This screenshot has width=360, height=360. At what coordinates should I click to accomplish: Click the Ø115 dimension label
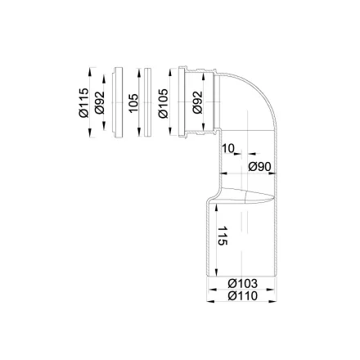pos(83,102)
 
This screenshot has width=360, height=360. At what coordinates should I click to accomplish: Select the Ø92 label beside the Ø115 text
pos(99,102)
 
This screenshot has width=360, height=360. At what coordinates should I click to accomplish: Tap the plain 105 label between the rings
pos(133,103)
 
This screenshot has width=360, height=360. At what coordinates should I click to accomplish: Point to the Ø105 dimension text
pos(163,103)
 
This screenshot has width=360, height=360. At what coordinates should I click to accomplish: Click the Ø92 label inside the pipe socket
pos(197,102)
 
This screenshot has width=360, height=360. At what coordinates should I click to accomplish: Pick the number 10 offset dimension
pos(228,149)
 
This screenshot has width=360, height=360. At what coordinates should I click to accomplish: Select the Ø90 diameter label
pos(259,166)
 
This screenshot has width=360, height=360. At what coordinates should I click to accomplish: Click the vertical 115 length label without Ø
pos(223,236)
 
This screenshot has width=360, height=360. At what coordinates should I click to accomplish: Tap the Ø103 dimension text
pos(242,283)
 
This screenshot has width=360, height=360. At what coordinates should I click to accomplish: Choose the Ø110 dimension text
pos(242,295)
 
